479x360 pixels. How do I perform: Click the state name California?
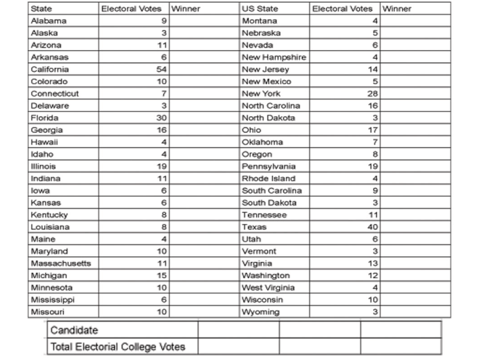[x=49, y=69]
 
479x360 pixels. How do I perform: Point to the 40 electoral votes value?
[x=372, y=227]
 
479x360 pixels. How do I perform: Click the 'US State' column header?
[x=260, y=9]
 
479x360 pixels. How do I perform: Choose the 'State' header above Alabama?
[x=40, y=9]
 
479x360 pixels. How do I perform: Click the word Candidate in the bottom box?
[x=74, y=330]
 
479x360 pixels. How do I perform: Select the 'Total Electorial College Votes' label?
[x=118, y=347]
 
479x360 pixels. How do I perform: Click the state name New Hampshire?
[x=274, y=57]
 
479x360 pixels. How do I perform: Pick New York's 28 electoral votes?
[x=372, y=94]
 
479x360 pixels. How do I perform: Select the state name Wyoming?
[x=261, y=312]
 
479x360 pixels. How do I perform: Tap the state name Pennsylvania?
[x=269, y=166]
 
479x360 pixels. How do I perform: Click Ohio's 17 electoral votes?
[x=372, y=130]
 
